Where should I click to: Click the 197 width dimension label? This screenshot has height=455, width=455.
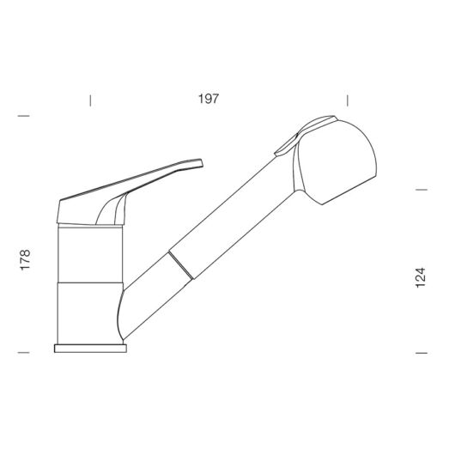coord(209,99)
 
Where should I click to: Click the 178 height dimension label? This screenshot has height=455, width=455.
coord(25,260)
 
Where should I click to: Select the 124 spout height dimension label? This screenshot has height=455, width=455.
coord(421,277)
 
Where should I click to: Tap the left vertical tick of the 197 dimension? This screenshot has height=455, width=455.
coord(90,100)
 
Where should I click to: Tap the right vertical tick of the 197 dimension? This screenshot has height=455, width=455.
coord(348,100)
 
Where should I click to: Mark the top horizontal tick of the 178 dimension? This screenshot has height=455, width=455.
coord(24,116)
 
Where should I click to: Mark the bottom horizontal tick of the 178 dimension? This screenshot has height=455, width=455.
coord(24,353)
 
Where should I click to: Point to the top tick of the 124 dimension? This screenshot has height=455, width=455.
coord(422,190)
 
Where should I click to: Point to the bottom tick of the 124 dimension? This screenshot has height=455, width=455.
coord(422,353)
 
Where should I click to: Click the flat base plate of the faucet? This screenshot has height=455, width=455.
coord(90,349)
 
